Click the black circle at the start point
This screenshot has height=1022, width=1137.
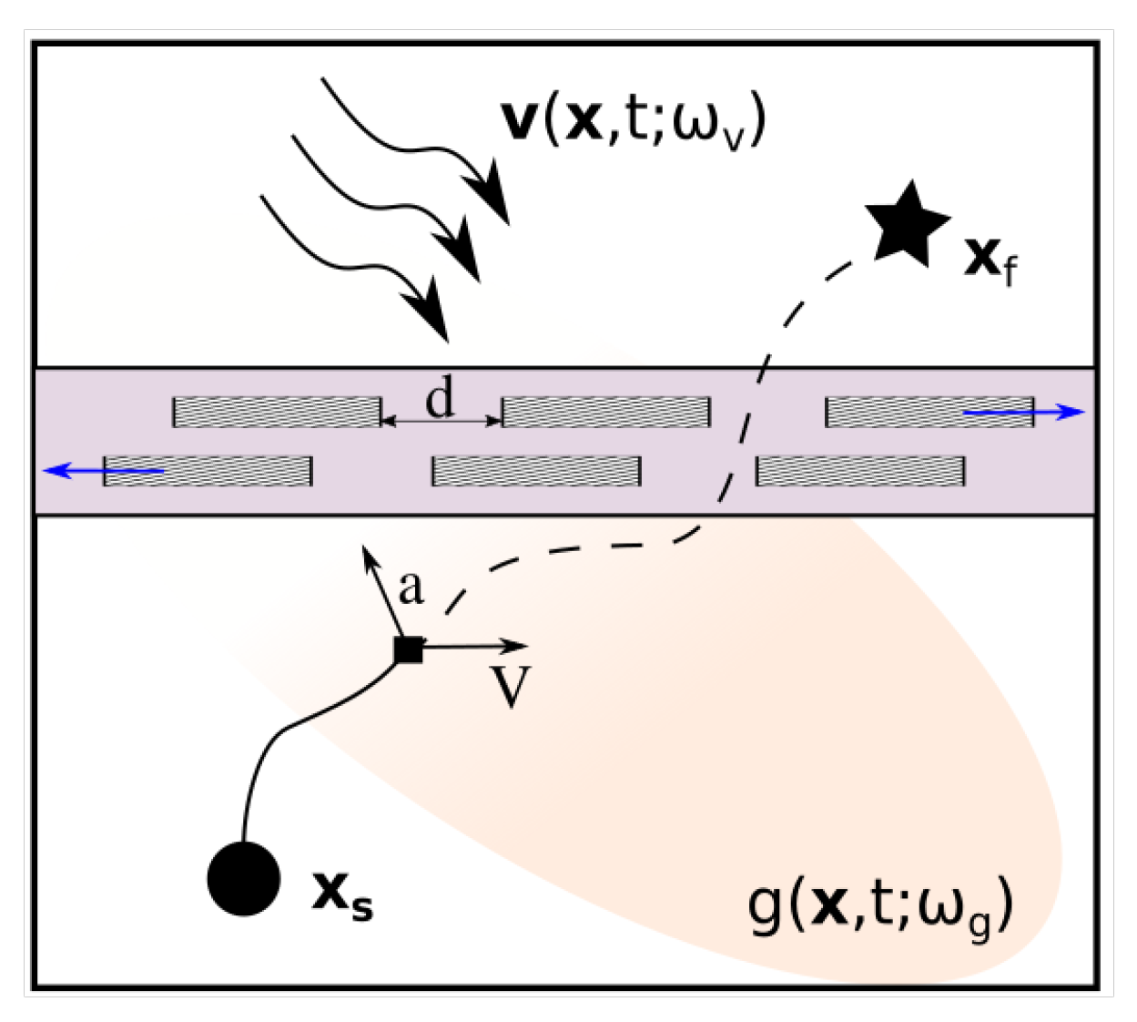click(244, 879)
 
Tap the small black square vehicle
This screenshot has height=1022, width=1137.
click(409, 649)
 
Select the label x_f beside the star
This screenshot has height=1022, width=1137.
click(990, 261)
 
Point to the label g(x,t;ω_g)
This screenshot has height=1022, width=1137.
click(879, 907)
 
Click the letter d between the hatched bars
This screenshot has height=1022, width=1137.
click(441, 398)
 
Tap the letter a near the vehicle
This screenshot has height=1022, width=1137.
click(411, 588)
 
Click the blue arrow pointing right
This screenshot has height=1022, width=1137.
click(1024, 413)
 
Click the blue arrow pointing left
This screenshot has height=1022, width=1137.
click(104, 471)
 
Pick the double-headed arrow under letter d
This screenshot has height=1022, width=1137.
click(441, 421)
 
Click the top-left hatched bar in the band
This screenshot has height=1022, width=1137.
click(277, 413)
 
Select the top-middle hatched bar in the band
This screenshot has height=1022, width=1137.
click(605, 413)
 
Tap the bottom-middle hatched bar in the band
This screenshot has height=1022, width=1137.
click(536, 471)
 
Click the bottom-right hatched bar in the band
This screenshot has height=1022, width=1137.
click(860, 471)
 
